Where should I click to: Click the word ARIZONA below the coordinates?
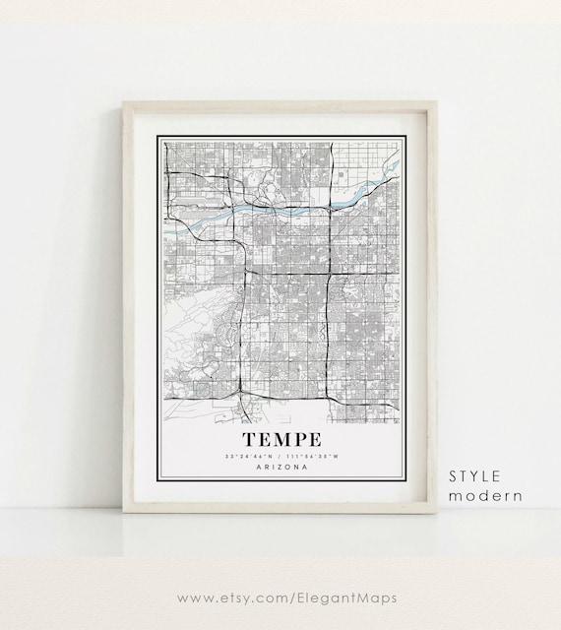point(280,467)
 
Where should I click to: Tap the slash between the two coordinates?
point(280,455)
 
